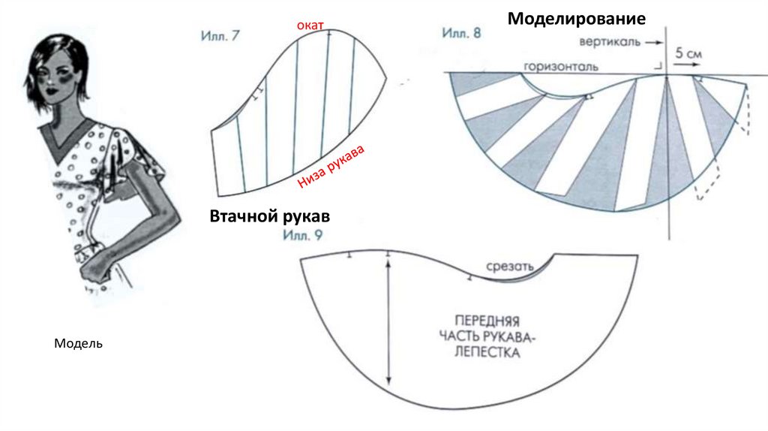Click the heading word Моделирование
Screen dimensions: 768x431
[576, 18]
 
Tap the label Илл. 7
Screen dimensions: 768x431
[220, 35]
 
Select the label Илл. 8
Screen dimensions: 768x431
[460, 34]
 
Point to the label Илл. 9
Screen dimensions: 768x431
[303, 235]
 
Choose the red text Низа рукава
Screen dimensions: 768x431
[331, 169]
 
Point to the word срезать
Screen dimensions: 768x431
[509, 267]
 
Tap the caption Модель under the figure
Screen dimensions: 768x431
[78, 344]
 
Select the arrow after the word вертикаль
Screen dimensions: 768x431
[651, 43]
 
